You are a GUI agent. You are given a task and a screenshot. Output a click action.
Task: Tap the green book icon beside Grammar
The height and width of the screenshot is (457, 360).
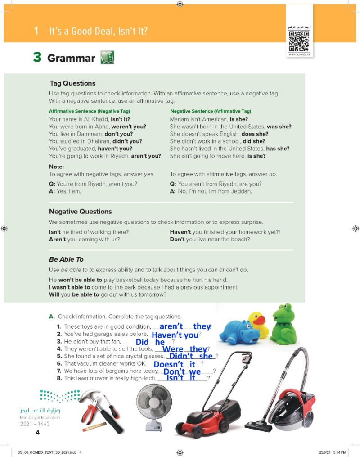click(x=107, y=58)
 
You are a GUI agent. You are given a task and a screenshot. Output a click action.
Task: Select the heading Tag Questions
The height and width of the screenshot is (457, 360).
click(x=72, y=83)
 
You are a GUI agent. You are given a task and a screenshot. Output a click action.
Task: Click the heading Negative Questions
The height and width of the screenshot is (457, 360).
click(x=80, y=211)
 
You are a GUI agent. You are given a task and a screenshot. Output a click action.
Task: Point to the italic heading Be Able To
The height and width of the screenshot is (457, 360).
click(x=66, y=259)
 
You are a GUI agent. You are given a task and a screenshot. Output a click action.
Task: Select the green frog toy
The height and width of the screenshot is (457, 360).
click(x=283, y=324)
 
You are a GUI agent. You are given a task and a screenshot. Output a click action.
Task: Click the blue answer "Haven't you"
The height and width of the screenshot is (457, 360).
click(x=175, y=335)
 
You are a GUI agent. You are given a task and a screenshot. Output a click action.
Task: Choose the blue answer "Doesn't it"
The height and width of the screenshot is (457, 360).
click(x=174, y=364)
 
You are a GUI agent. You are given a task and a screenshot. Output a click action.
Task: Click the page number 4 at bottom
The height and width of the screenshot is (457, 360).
click(x=38, y=433)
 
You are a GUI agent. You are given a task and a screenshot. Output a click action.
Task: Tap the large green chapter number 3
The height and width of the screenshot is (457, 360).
click(x=37, y=58)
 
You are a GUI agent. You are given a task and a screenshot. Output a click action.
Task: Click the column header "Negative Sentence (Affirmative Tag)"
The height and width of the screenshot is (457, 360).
click(x=211, y=111)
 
